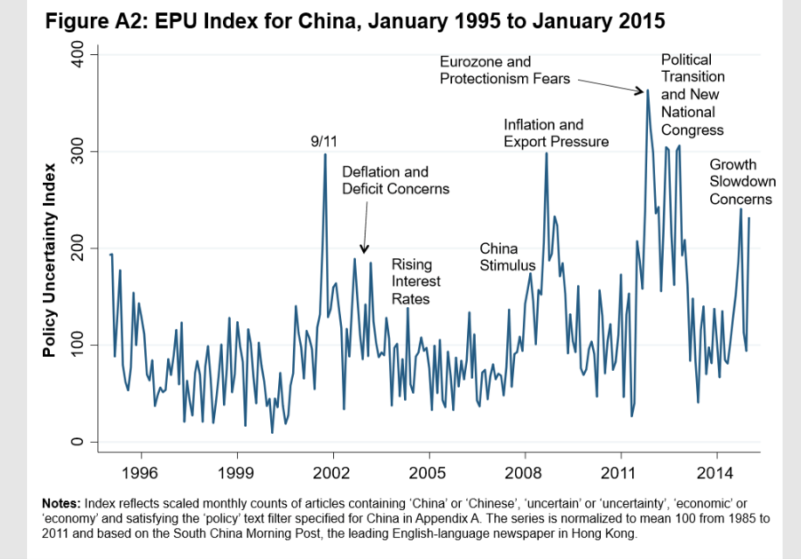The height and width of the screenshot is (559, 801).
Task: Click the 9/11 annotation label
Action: pos(325,141)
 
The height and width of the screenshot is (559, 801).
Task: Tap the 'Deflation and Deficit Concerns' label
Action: pos(395,180)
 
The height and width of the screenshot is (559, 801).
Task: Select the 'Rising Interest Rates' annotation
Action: pos(415,281)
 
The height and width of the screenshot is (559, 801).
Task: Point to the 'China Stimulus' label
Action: pos(506,257)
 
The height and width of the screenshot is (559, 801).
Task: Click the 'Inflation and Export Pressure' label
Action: pos(556,133)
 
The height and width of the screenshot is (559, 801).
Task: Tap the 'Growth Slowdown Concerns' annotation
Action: pos(740,182)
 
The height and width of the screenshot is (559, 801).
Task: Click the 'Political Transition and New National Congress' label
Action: pos(692,94)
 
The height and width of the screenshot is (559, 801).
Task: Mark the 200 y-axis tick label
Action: pos(78,249)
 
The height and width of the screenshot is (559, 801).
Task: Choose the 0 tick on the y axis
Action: pos(78,442)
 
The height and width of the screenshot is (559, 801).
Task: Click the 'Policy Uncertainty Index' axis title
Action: pos(50,260)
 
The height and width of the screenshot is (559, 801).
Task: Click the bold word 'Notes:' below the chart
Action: pos(61,504)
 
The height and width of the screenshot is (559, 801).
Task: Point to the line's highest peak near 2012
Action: pos(648,90)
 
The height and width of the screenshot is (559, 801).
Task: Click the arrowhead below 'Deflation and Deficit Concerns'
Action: pos(365,249)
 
